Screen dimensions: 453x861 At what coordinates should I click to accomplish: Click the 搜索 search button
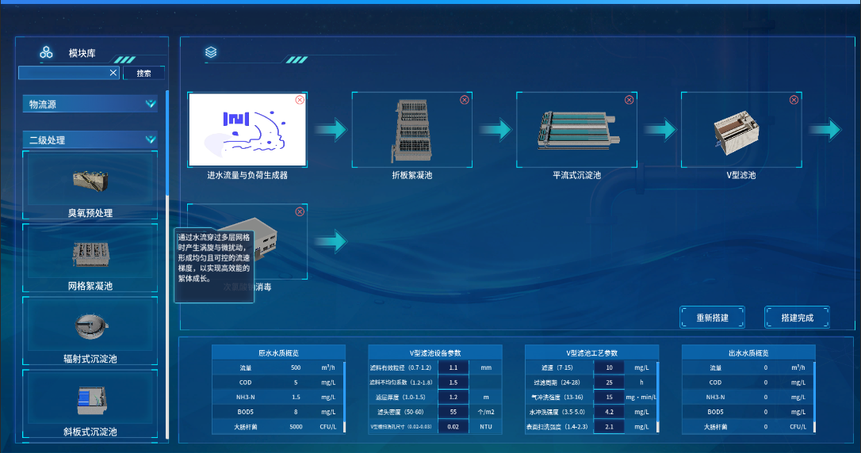143,73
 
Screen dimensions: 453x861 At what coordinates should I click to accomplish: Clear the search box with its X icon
113,73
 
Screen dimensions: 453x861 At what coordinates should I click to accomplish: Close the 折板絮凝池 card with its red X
465,100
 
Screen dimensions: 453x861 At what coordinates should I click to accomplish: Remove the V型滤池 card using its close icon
794,100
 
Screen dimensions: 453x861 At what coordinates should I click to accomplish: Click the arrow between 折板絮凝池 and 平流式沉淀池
495,129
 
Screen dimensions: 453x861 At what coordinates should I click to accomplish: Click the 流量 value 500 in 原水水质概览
295,367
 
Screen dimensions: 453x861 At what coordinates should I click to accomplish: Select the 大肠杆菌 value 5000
295,427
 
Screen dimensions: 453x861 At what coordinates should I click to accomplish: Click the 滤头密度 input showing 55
453,412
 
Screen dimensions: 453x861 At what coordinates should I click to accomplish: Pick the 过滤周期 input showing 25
609,383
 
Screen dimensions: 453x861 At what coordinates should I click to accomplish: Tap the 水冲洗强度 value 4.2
609,412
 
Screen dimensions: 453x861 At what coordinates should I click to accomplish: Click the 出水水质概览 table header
748,352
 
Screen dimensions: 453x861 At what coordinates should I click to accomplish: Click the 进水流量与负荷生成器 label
247,175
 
